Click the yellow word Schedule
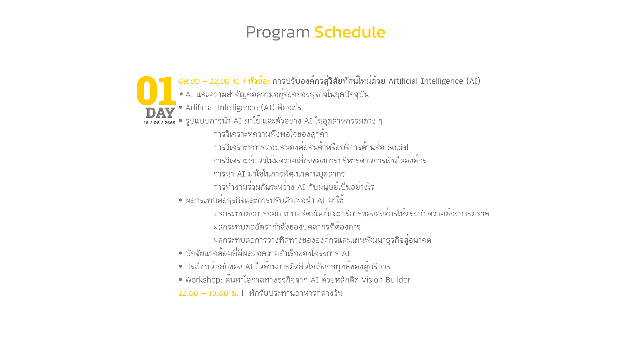(x=350, y=32)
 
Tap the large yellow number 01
(x=156, y=91)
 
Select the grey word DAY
(x=160, y=113)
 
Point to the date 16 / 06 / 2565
(x=160, y=123)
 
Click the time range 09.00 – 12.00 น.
(x=209, y=81)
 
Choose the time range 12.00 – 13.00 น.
(x=209, y=293)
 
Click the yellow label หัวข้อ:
(x=259, y=81)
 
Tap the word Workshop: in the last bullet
(x=204, y=280)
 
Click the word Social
(x=398, y=147)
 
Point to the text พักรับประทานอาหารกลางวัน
(x=296, y=293)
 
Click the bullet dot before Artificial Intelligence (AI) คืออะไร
(x=181, y=107)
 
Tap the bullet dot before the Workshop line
(x=181, y=280)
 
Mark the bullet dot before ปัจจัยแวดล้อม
(x=181, y=253)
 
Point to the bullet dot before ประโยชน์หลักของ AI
(x=181, y=266)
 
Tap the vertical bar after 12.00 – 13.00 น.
(x=243, y=293)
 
